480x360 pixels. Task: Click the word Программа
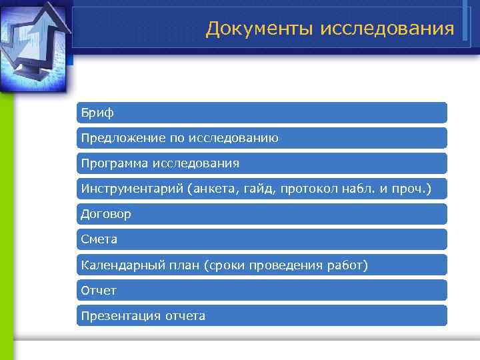(113, 163)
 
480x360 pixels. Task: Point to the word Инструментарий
(131, 189)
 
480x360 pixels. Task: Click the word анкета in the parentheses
(213, 189)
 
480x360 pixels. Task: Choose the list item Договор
(106, 214)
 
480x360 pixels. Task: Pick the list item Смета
(99, 239)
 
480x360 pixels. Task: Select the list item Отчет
(99, 290)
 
